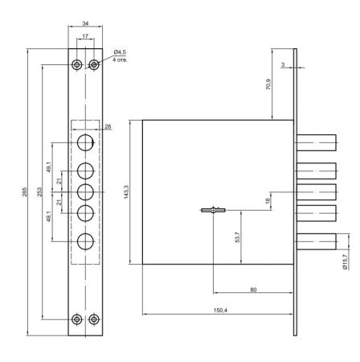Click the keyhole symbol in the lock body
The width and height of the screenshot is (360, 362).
click(211, 212)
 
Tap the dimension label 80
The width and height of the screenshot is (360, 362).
click(253, 288)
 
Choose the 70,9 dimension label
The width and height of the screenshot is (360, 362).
click(279, 84)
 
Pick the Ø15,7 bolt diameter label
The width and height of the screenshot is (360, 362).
click(346, 262)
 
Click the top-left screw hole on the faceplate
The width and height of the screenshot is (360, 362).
click(76, 64)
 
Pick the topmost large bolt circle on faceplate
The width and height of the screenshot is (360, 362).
click(85, 143)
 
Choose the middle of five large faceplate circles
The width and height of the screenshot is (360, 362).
click(85, 192)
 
